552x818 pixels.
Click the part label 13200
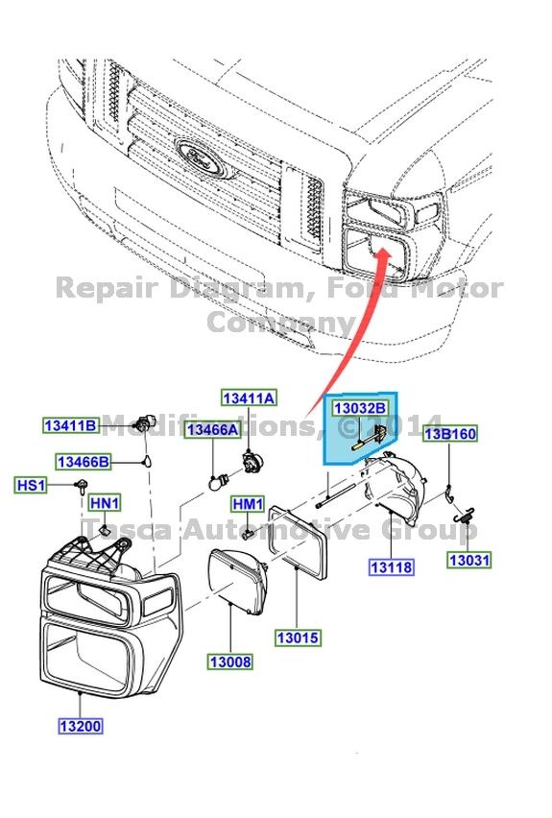tap(77, 726)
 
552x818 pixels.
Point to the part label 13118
tap(391, 567)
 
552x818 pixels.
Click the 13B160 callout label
tap(451, 433)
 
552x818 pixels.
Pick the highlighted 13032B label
tap(359, 408)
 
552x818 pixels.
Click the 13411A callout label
tap(249, 397)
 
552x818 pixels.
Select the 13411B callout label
tap(70, 425)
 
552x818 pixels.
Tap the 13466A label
tap(212, 430)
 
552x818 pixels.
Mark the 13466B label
tap(84, 462)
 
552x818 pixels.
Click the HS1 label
tap(31, 486)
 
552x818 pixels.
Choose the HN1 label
tap(105, 503)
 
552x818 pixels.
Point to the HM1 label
tap(248, 504)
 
